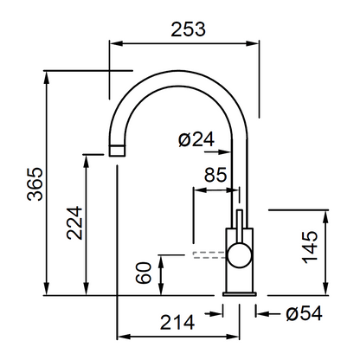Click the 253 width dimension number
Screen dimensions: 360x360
tap(188, 29)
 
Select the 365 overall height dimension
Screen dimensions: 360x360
tap(35, 183)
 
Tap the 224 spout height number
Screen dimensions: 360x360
tap(74, 222)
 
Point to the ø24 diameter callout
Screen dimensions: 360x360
tap(196, 139)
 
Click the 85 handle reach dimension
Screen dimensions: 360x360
tap(215, 175)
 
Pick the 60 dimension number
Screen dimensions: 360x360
tap(144, 273)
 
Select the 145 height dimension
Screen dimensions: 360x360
tap(310, 247)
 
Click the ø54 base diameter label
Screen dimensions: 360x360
tap(304, 313)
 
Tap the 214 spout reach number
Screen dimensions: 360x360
tap(177, 323)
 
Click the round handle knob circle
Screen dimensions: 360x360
tap(240, 255)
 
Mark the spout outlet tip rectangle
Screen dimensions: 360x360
tap(118, 151)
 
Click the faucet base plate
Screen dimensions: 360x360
tap(240, 294)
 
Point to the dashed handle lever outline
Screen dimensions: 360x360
tap(209, 255)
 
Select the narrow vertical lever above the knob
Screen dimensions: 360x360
tap(240, 227)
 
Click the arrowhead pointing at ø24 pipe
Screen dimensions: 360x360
tap(225, 151)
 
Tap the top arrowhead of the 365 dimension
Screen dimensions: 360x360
tap(47, 77)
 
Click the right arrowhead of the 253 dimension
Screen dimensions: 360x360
tap(252, 43)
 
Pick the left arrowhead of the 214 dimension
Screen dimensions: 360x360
tap(125, 337)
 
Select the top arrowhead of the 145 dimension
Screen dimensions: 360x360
tap(325, 217)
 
